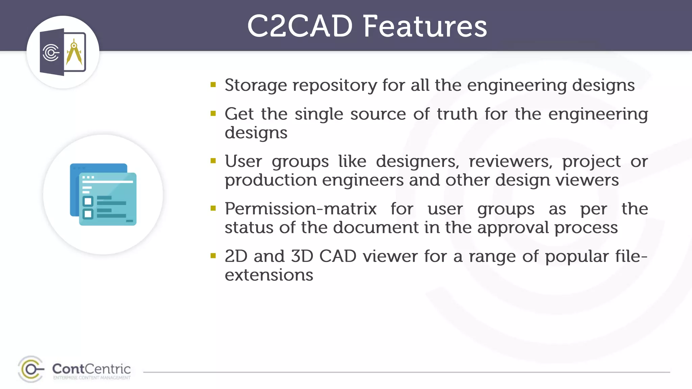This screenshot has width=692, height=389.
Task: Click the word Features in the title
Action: [x=425, y=26]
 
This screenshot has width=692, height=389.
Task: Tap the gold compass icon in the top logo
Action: [x=74, y=52]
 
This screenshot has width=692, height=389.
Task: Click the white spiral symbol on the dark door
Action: [x=51, y=52]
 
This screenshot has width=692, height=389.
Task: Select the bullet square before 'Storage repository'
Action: [x=213, y=84]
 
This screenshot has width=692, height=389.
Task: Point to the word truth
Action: [x=457, y=114]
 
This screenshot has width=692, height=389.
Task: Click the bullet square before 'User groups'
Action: [x=213, y=161]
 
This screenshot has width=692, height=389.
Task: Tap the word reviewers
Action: [x=510, y=161]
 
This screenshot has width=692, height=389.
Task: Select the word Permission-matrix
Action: [x=300, y=209]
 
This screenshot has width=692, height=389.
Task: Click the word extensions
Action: [x=269, y=275]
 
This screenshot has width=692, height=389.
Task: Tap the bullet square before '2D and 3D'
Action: [x=213, y=256]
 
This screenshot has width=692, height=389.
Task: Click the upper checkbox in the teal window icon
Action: [x=88, y=202]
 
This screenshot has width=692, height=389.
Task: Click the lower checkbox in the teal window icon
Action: [x=88, y=214]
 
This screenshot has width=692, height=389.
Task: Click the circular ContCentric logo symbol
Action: [x=31, y=369]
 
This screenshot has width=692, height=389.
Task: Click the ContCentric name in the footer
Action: [x=91, y=369]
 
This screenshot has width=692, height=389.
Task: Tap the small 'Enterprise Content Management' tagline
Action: [x=92, y=378]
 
